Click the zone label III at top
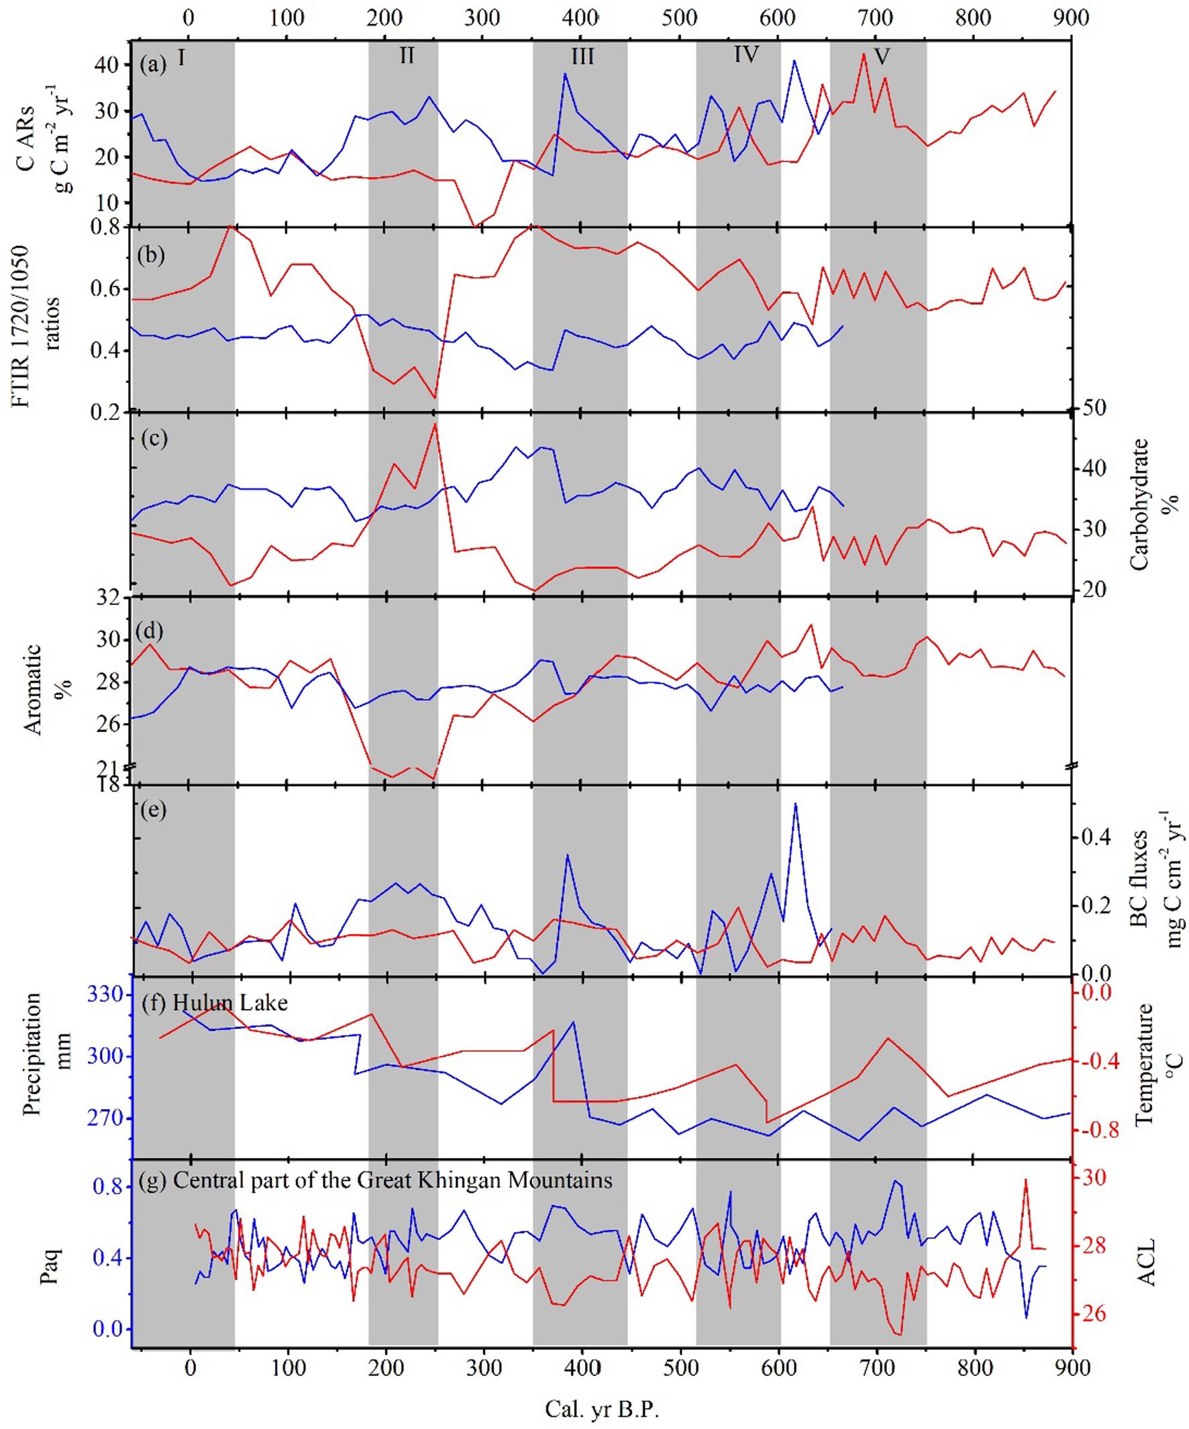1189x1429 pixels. pyautogui.click(x=582, y=56)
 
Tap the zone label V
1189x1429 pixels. pyautogui.click(x=882, y=56)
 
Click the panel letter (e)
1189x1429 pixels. pyautogui.click(x=152, y=810)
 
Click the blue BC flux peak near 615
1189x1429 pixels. pyautogui.click(x=794, y=804)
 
